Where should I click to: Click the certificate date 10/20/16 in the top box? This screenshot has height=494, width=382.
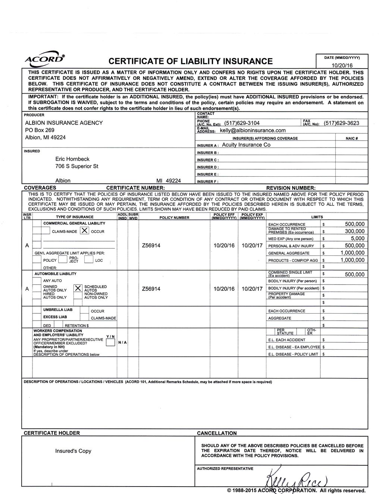[x=342, y=65]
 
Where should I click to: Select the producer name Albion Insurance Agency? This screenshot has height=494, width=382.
[x=64, y=123]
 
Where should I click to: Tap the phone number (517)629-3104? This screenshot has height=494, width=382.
[x=242, y=123]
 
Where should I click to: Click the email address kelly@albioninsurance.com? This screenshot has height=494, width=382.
[x=253, y=130]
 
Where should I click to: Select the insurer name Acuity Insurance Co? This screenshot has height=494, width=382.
[x=246, y=145]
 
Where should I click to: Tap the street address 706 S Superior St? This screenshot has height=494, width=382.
[x=77, y=166]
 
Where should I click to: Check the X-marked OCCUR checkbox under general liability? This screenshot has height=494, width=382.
[x=84, y=231]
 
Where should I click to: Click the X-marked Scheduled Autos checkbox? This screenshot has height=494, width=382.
[x=78, y=288]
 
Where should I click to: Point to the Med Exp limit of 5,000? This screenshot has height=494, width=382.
[x=357, y=238]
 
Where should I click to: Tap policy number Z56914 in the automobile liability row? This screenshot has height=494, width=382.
[x=151, y=289]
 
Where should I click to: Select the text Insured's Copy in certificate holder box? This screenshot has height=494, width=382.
[x=73, y=451]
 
